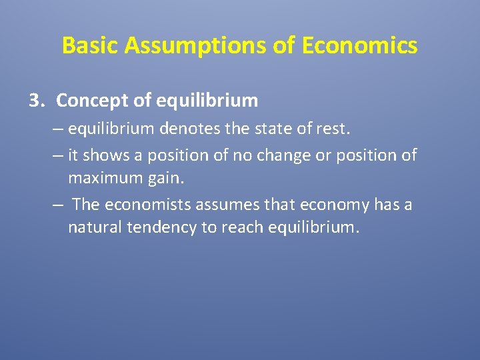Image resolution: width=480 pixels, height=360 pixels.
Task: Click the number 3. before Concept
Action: [37, 101]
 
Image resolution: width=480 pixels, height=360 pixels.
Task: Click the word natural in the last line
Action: [95, 228]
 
